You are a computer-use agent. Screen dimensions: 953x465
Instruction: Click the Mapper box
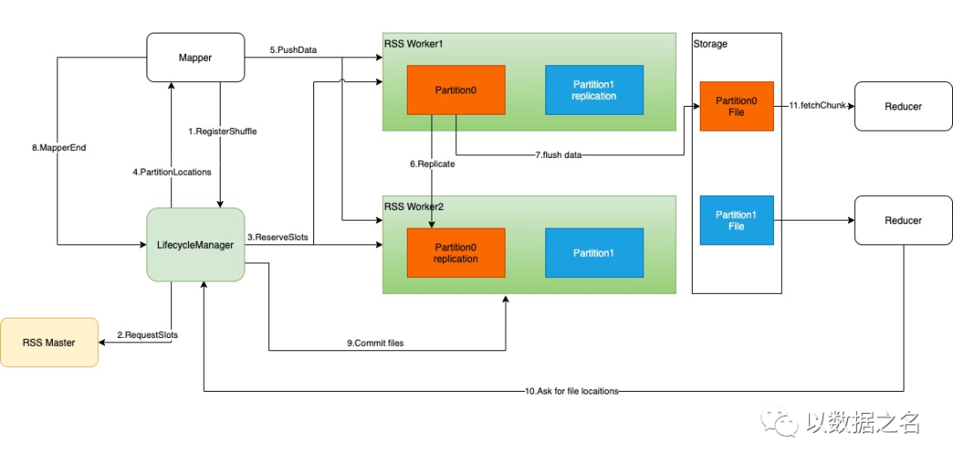(x=195, y=57)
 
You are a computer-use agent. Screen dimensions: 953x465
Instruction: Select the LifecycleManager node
(x=195, y=244)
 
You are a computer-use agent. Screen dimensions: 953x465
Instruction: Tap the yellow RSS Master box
(x=49, y=342)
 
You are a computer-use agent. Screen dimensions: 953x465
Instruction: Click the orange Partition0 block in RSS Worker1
(x=456, y=90)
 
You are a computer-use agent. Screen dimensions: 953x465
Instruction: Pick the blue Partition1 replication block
(x=595, y=90)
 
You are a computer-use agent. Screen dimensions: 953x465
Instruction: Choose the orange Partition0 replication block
(x=456, y=253)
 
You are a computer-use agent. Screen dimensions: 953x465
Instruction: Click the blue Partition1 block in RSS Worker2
(x=595, y=253)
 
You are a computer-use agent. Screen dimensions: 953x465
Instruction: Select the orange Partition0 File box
(x=737, y=107)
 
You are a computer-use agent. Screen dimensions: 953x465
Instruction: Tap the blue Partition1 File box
(x=737, y=220)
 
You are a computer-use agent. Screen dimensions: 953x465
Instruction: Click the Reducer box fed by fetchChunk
(x=904, y=107)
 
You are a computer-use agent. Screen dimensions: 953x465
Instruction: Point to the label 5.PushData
(x=293, y=49)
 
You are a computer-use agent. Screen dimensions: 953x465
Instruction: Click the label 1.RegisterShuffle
(x=222, y=131)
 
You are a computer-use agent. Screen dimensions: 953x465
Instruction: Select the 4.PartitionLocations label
(x=172, y=172)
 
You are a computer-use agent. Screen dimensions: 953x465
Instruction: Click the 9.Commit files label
(x=375, y=343)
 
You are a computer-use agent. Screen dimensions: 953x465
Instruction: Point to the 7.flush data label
(x=559, y=155)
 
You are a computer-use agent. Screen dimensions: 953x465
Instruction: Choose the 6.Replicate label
(x=432, y=163)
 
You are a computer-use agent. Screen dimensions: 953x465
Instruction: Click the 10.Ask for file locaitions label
(x=571, y=392)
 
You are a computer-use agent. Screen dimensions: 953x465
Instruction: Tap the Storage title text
(x=709, y=44)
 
